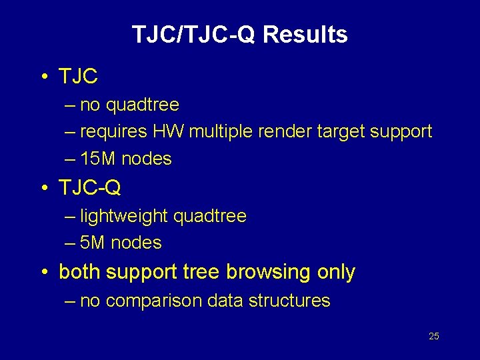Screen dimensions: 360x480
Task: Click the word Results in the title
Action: tap(305, 35)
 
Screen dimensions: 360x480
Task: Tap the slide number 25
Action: tap(434, 336)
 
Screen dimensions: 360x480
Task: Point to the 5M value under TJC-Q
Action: tap(93, 243)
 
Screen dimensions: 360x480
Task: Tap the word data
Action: tap(225, 301)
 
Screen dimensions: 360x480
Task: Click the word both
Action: tap(80, 272)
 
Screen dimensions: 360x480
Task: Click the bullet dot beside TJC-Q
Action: tap(45, 189)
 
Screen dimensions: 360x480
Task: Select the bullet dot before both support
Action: tap(45, 273)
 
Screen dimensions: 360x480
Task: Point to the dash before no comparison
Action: tap(71, 301)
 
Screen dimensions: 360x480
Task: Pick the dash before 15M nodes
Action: tap(71, 159)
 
